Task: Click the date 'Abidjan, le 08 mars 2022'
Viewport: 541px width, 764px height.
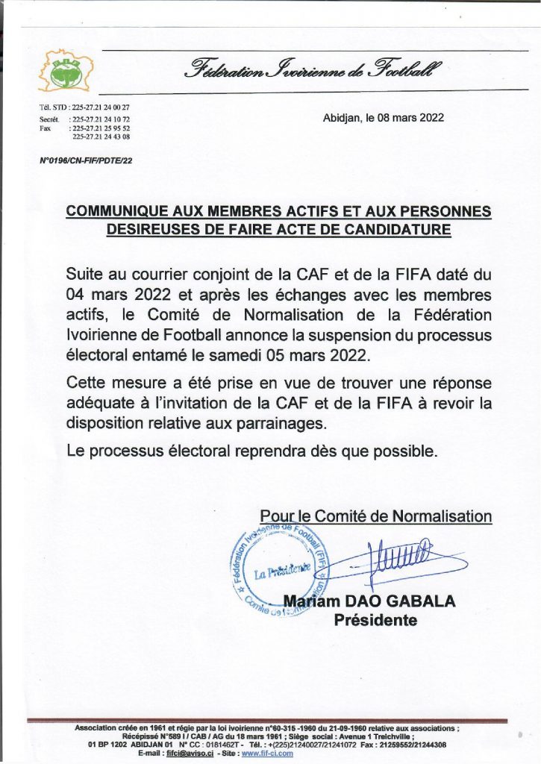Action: (x=384, y=118)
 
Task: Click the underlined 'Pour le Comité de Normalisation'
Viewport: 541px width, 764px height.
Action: (x=376, y=516)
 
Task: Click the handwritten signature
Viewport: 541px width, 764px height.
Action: (x=395, y=557)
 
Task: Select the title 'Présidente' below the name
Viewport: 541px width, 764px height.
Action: (x=375, y=620)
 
